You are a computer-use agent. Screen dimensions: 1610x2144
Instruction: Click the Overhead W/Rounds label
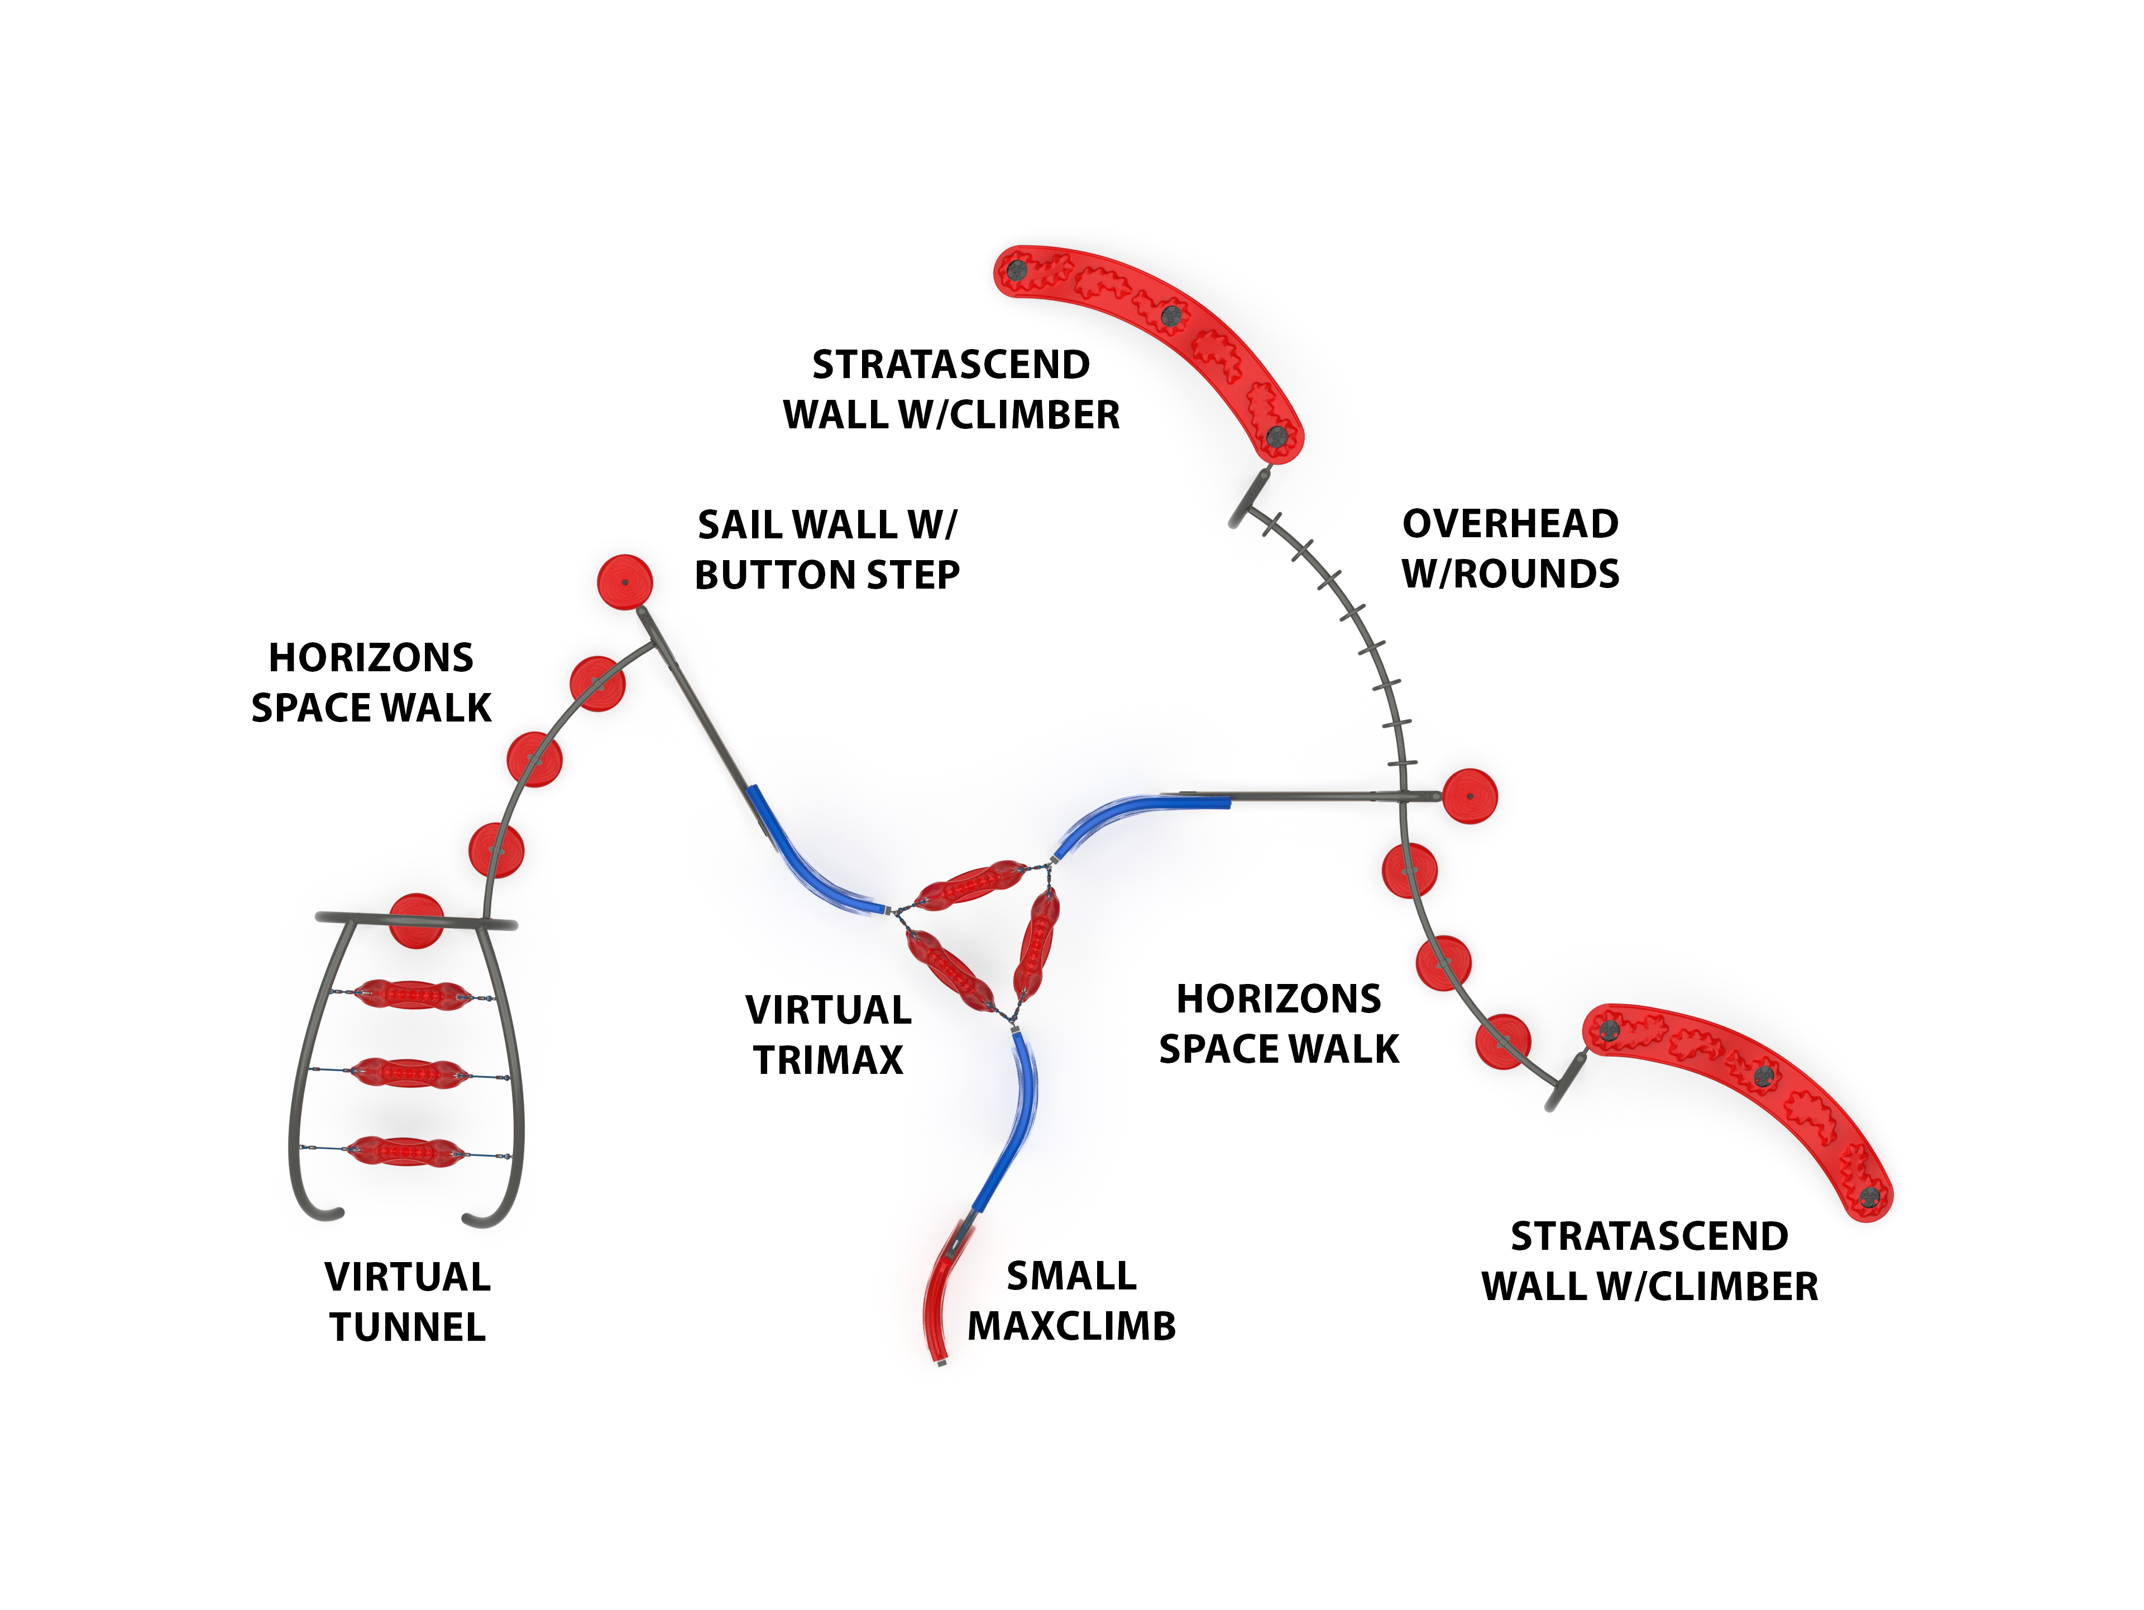[x=1510, y=548]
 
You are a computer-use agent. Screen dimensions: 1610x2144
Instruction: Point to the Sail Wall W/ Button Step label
[x=827, y=550]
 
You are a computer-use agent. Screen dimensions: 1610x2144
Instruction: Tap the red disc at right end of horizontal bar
[x=1470, y=797]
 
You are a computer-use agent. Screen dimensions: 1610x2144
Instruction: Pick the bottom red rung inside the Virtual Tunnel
[x=407, y=1152]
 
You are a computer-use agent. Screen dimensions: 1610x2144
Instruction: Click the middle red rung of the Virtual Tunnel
[x=409, y=1073]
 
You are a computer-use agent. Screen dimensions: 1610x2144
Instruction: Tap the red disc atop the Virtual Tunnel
[x=416, y=921]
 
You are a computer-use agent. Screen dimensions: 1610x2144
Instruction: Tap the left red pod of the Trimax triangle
[x=949, y=970]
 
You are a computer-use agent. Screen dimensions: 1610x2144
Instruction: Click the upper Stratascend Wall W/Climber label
[x=951, y=390]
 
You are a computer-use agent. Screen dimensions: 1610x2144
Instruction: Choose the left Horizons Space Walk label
[x=371, y=682]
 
